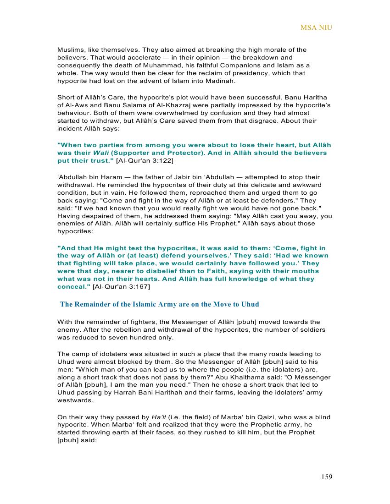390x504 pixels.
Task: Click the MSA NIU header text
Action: pyautogui.click(x=316, y=28)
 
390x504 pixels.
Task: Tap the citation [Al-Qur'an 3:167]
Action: pyautogui.click(x=121, y=287)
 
